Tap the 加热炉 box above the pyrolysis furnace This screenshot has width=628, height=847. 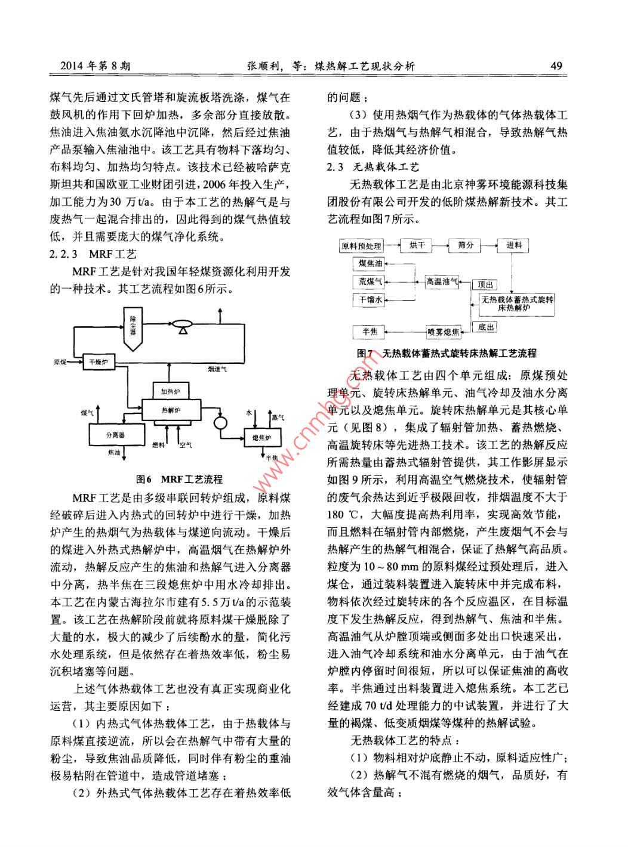(x=170, y=391)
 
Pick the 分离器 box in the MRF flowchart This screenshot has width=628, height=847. (x=116, y=435)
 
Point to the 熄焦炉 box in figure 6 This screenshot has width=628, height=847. (x=261, y=438)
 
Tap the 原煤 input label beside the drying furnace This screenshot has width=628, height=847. (x=60, y=362)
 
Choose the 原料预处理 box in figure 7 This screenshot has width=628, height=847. (x=361, y=245)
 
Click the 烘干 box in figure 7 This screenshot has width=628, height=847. (x=417, y=245)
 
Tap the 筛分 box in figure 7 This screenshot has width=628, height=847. (x=466, y=245)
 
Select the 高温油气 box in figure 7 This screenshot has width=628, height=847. (x=442, y=282)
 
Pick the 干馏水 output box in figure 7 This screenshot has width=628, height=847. (x=370, y=300)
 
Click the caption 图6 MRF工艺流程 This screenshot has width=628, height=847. (x=179, y=479)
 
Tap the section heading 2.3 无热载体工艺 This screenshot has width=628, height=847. (x=373, y=167)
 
